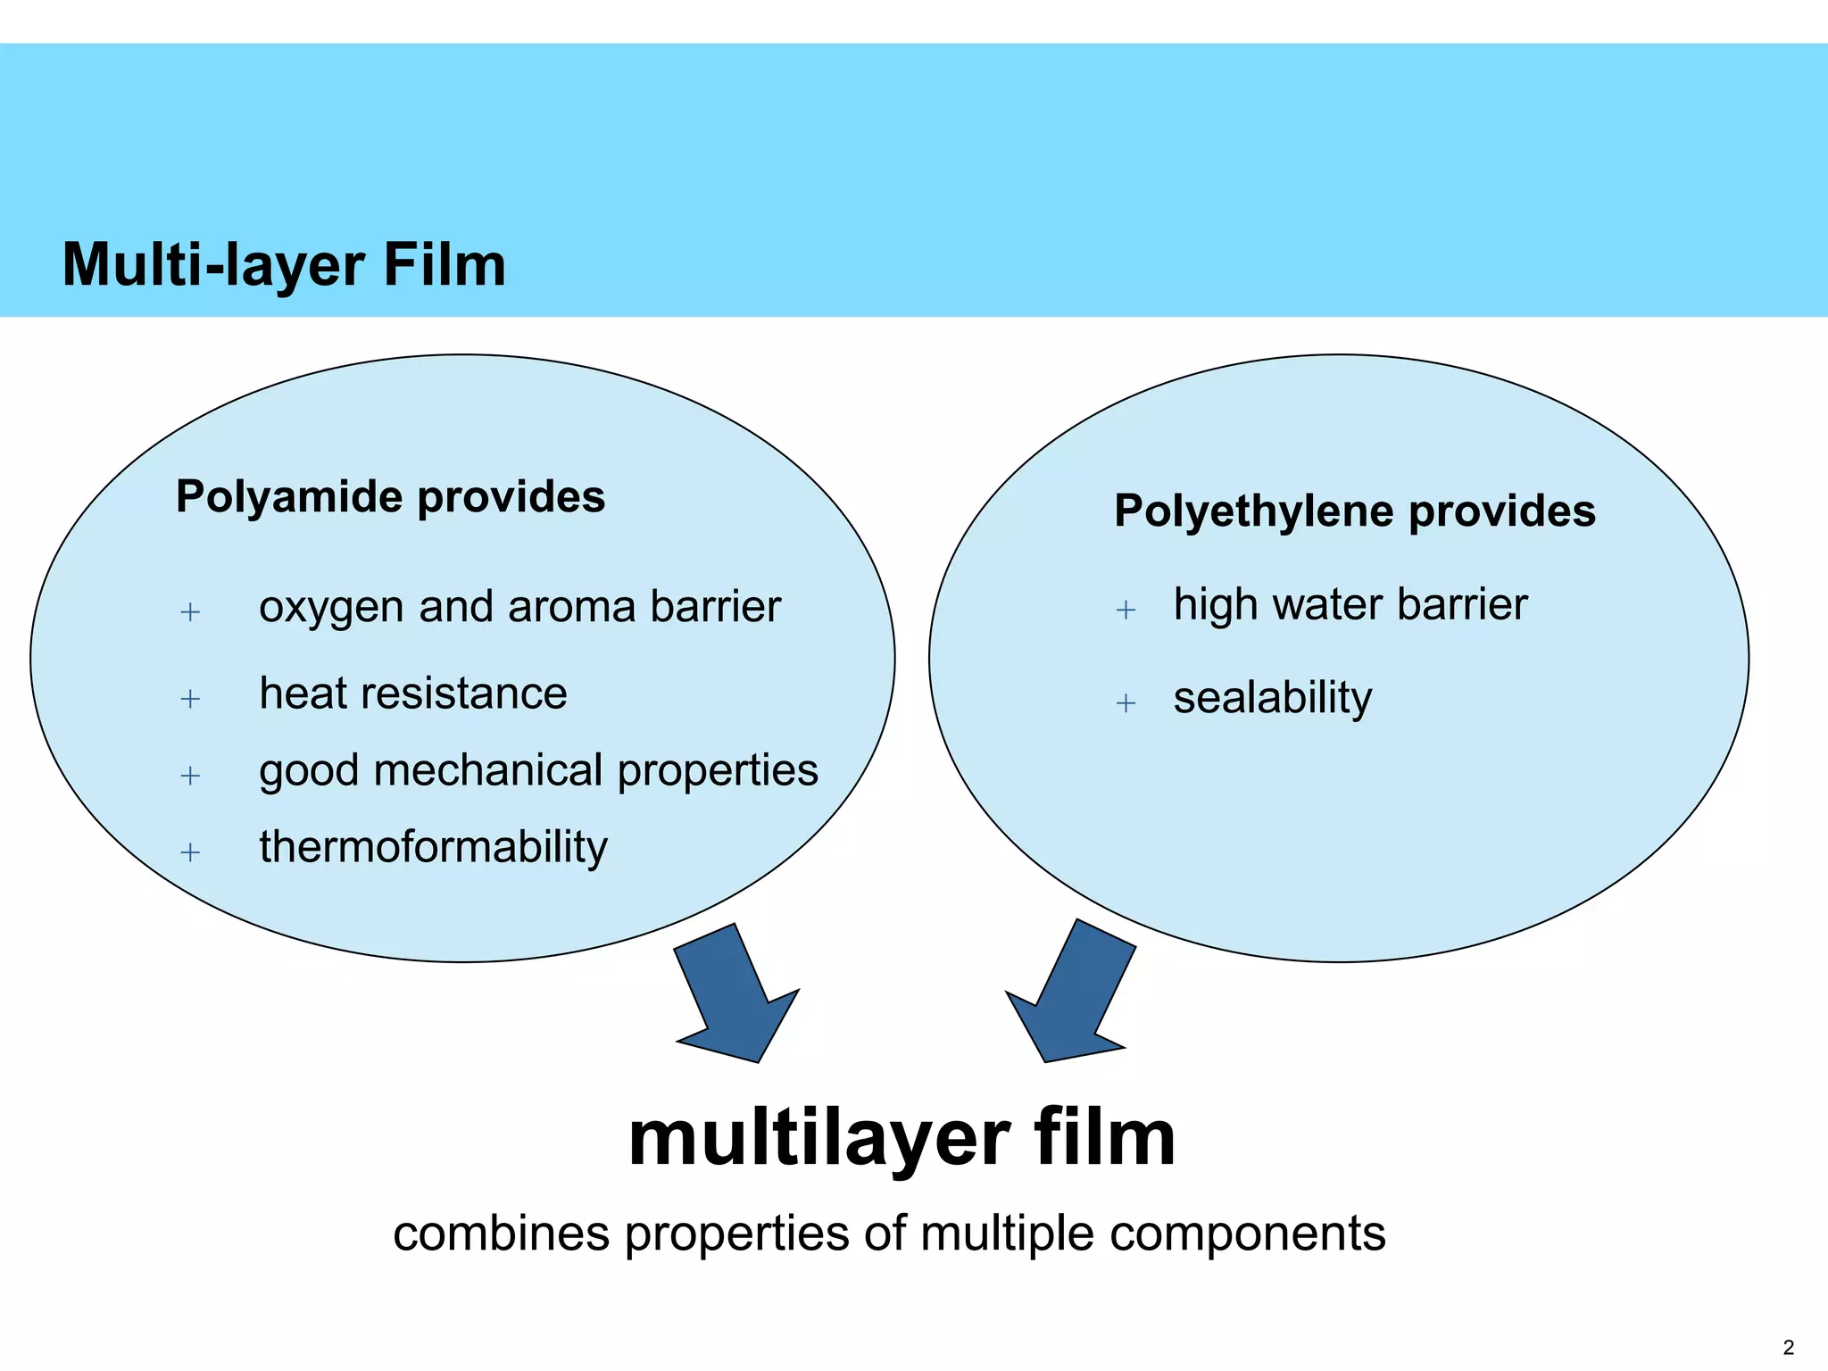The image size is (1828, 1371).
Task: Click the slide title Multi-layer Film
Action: [284, 265]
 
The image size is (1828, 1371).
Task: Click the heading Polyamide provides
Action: [390, 496]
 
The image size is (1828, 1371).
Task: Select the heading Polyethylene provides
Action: [1354, 511]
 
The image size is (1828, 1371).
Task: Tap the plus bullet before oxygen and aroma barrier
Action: [190, 612]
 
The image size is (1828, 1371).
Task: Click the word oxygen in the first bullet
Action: [331, 609]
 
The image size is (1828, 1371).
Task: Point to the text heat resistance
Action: [412, 694]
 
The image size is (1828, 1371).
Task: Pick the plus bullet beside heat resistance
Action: [190, 698]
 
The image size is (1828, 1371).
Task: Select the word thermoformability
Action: [433, 847]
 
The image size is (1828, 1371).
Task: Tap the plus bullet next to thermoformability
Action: [190, 852]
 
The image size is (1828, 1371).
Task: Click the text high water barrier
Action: [1350, 604]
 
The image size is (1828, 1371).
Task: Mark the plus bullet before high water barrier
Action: [1126, 611]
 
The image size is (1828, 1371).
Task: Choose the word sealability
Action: [1272, 698]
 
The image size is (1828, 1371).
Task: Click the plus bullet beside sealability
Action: [1126, 703]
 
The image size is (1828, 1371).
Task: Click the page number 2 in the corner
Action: [1788, 1348]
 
